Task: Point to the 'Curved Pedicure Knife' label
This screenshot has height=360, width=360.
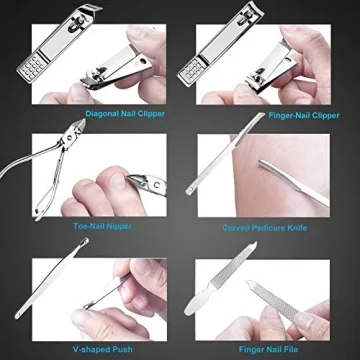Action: tap(265, 227)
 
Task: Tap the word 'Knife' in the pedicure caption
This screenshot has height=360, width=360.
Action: tap(296, 227)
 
